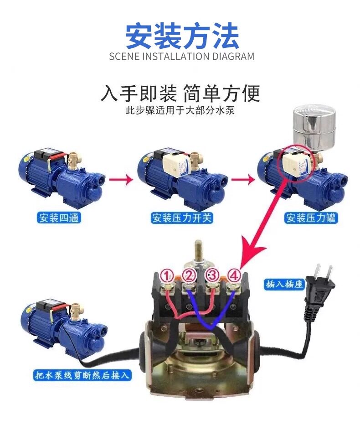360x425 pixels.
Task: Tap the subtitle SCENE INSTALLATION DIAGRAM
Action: pos(182,57)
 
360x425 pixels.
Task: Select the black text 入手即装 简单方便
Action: pos(180,94)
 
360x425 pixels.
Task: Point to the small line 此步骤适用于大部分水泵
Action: pos(180,111)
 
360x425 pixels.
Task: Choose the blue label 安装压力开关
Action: pos(182,218)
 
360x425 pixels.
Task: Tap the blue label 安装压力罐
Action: pos(311,218)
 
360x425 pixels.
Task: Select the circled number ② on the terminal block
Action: pos(189,276)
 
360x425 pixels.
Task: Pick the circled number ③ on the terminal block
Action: pos(211,276)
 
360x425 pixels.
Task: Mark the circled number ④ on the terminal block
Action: pos(233,276)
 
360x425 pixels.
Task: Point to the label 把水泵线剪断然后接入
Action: pos(83,375)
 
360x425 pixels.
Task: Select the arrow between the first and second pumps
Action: pos(121,179)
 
